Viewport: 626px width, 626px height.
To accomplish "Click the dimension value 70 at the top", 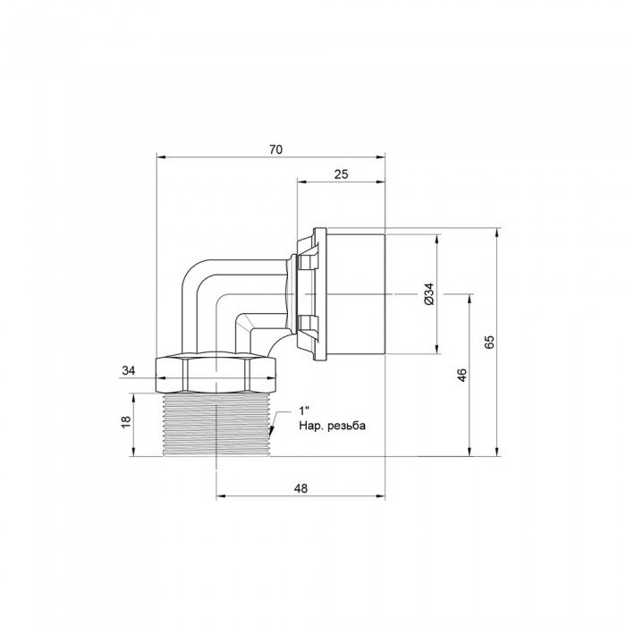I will [275, 149].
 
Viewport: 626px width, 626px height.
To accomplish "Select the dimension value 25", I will [340, 173].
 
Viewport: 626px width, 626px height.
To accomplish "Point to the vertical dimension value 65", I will [488, 343].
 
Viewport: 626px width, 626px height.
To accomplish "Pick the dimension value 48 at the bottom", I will [300, 489].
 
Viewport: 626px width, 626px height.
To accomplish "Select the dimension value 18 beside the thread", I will [125, 421].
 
